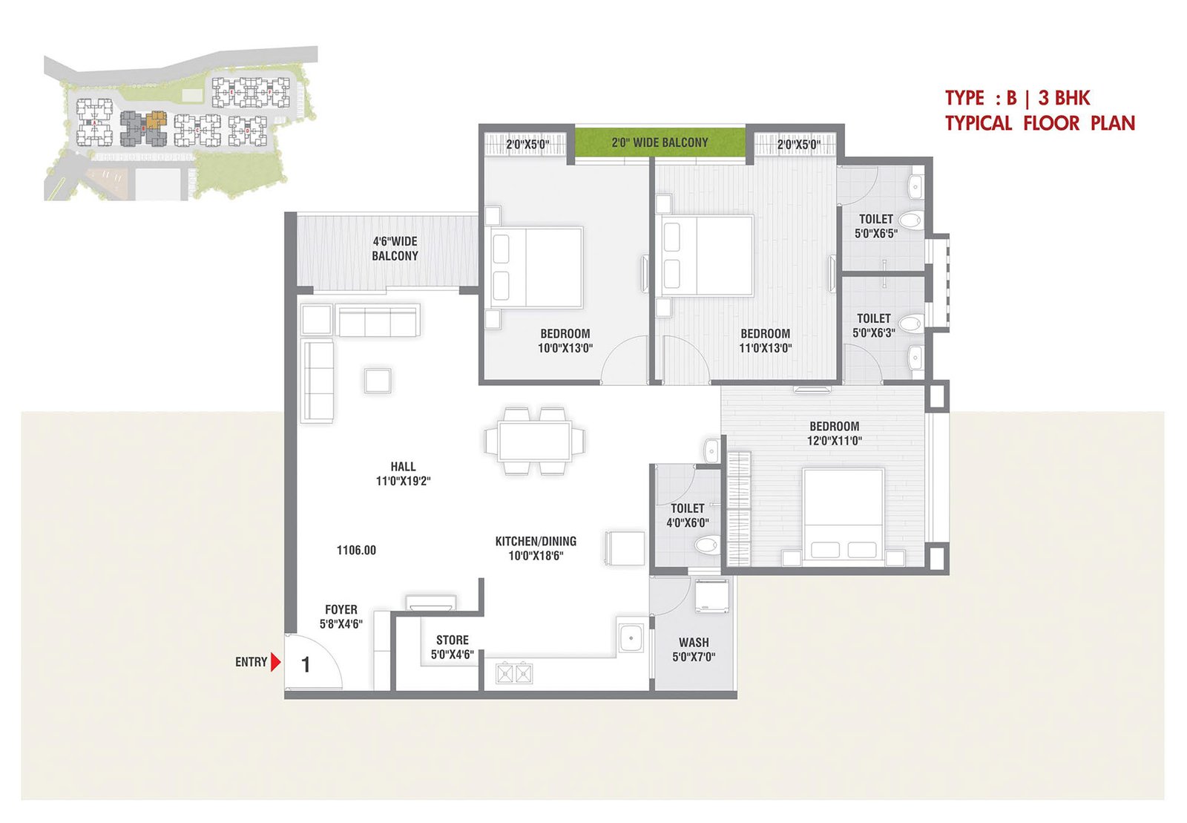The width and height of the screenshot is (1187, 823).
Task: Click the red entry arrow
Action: point(275,662)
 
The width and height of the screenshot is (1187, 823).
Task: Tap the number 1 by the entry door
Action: point(305,664)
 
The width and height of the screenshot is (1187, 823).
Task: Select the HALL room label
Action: point(404,467)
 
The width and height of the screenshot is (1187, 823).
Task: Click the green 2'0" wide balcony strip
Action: point(660,142)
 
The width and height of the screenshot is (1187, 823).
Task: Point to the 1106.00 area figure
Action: point(357,550)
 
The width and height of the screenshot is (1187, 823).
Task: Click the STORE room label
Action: point(453,640)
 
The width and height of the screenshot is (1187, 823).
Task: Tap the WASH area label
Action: point(694,642)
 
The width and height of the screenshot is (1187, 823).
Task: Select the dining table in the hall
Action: point(534,441)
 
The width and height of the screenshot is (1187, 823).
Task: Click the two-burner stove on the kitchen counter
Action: point(514,673)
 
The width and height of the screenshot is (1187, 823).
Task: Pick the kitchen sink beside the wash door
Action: point(631,638)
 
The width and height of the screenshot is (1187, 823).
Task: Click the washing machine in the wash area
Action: point(712,596)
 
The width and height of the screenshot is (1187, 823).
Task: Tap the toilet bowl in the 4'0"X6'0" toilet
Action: point(708,545)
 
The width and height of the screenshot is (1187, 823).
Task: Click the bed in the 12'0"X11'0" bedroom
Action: point(844,514)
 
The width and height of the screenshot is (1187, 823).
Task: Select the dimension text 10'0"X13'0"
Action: point(565,348)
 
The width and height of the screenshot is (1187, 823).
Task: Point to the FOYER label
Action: point(341,609)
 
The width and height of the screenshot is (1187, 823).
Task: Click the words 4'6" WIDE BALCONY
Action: point(395,249)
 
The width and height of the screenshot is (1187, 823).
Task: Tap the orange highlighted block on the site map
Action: point(156,119)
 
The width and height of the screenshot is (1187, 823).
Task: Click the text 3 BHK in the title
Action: point(1064,98)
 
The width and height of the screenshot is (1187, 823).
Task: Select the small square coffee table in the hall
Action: point(378,381)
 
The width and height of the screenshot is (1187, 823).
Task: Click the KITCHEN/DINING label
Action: point(536,542)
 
